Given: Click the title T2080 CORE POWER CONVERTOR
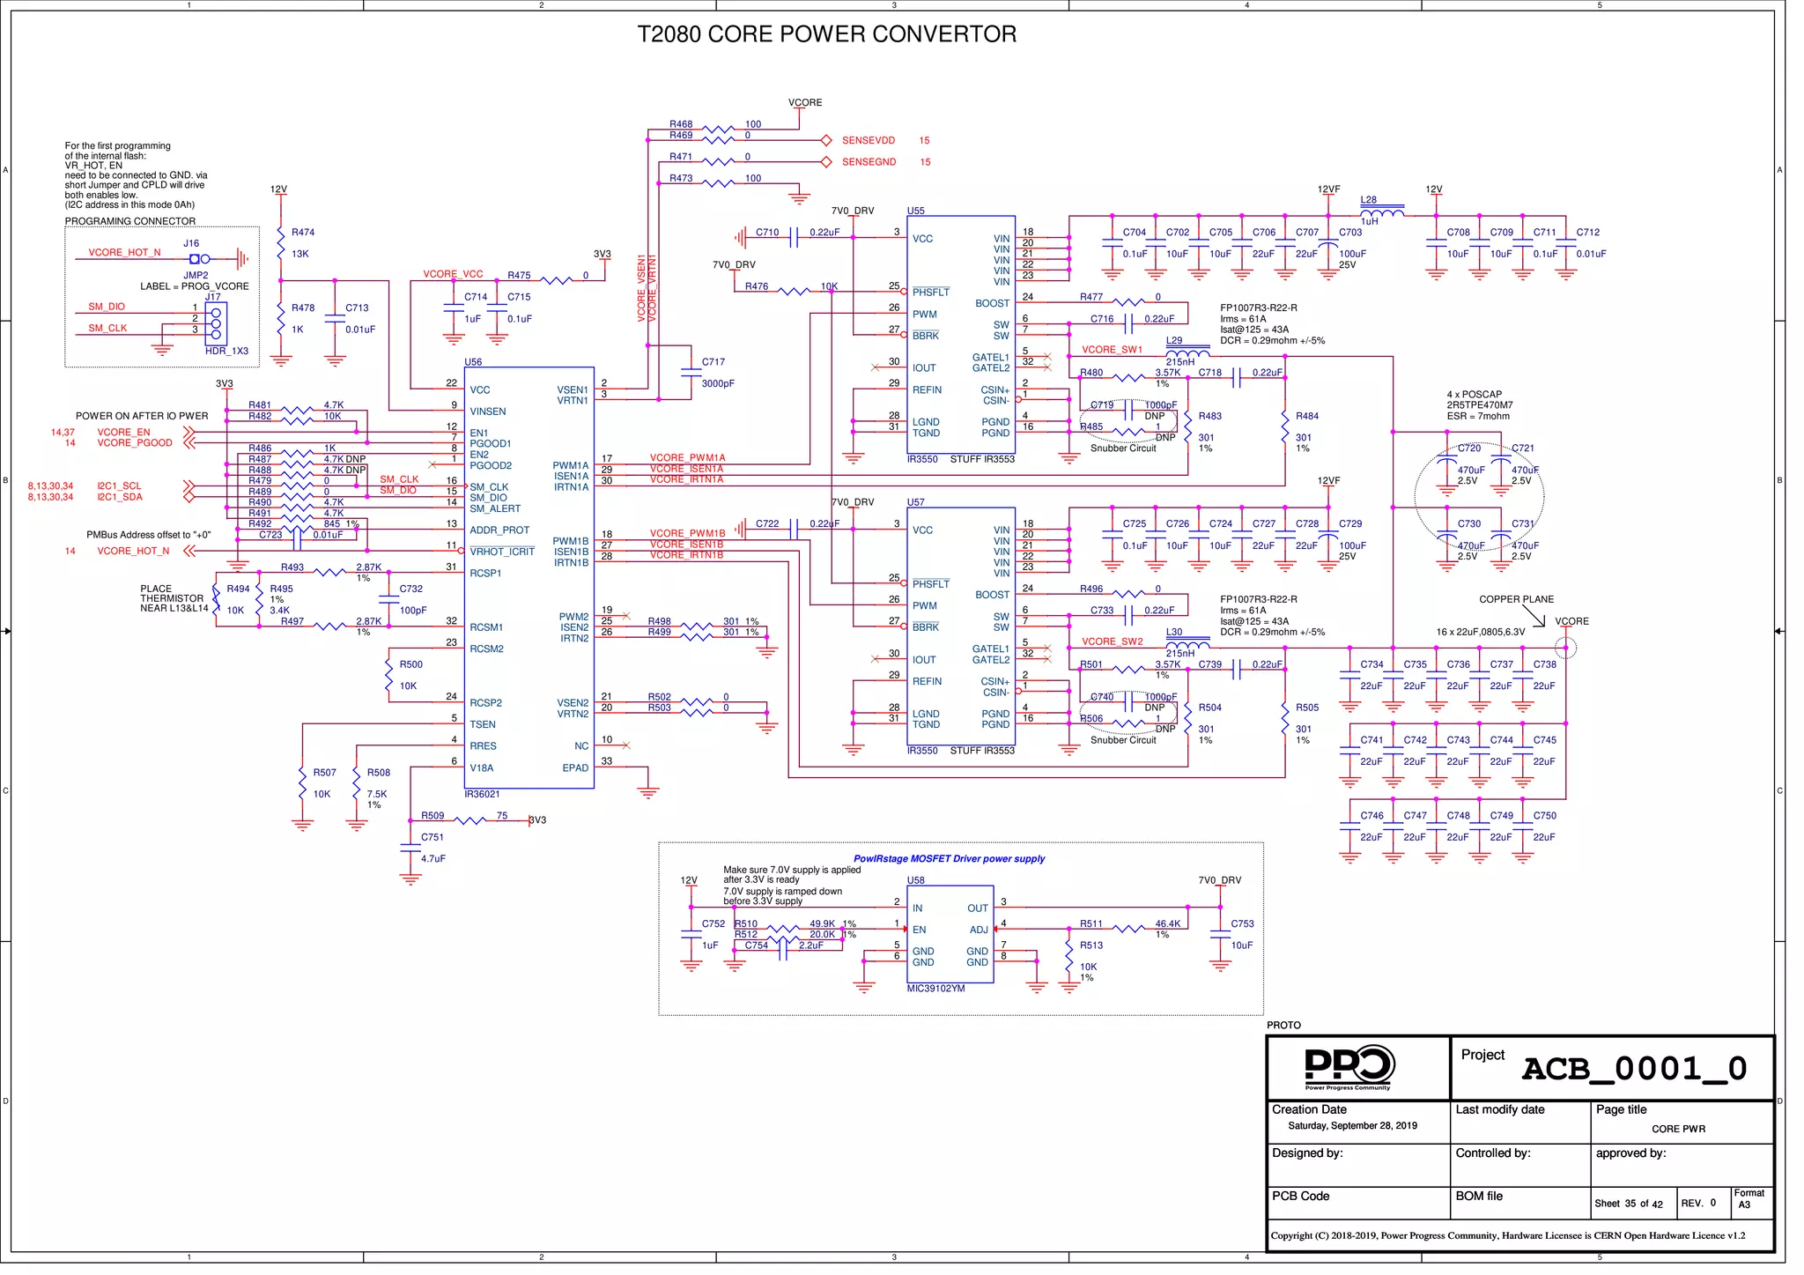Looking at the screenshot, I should pos(826,34).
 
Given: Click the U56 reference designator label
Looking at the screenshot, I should pos(473,362).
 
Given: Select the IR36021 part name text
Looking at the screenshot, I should pos(482,794).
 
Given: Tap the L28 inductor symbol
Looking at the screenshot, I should pos(1382,211).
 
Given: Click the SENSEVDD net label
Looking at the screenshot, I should pos(868,141).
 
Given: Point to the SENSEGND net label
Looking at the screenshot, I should pos(869,162).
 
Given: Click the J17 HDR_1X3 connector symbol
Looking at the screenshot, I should pos(216,324).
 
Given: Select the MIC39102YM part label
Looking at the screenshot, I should pos(935,989).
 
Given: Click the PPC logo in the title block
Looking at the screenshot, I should pos(1348,1067).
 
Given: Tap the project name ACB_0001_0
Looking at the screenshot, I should pos(1634,1069).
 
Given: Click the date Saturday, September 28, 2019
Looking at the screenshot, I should pos(1352,1126).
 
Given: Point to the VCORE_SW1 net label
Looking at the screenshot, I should pos(1112,350).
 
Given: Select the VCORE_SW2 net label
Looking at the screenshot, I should pos(1112,641).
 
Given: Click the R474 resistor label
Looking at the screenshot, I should pos(303,233).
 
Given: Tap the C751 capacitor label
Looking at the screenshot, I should pos(433,837).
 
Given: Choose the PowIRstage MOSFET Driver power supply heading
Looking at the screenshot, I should pos(949,859).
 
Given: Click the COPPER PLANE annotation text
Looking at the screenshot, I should pos(1516,599).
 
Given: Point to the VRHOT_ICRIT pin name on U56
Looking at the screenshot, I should pos(502,552).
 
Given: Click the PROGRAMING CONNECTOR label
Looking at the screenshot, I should pos(130,221).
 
